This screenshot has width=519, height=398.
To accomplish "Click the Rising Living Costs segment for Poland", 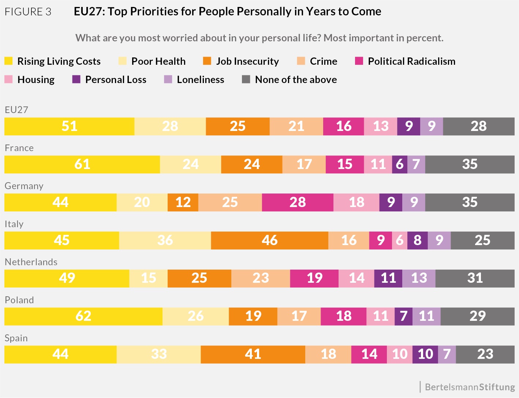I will [83, 316].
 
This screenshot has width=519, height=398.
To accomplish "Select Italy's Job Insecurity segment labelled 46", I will [269, 240].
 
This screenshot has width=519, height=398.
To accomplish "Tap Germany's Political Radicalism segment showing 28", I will [298, 202].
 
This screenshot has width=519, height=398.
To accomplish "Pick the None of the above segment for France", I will [470, 164].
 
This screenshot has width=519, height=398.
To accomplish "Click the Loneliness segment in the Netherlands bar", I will [419, 278].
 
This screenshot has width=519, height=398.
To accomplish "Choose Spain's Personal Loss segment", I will [425, 354].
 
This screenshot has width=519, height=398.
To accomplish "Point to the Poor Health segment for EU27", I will [170, 126].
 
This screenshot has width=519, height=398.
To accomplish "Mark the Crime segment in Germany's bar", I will [230, 202].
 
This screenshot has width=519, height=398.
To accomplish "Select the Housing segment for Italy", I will [399, 240].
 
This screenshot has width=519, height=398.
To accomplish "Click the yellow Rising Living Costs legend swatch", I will [8, 61].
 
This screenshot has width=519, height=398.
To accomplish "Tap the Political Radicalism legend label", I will [411, 61].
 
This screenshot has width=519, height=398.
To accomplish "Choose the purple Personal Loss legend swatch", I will [76, 79].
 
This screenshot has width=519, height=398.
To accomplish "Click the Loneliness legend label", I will [200, 80].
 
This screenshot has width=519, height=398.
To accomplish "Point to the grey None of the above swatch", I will [246, 79].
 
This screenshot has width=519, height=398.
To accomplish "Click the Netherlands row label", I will [31, 262].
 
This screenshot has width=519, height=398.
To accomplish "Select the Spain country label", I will [16, 338].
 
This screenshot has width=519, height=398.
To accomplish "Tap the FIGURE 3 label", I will [28, 12].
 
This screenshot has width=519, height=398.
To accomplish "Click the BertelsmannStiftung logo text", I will [470, 387].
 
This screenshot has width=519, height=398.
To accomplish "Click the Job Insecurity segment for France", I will [251, 164].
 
